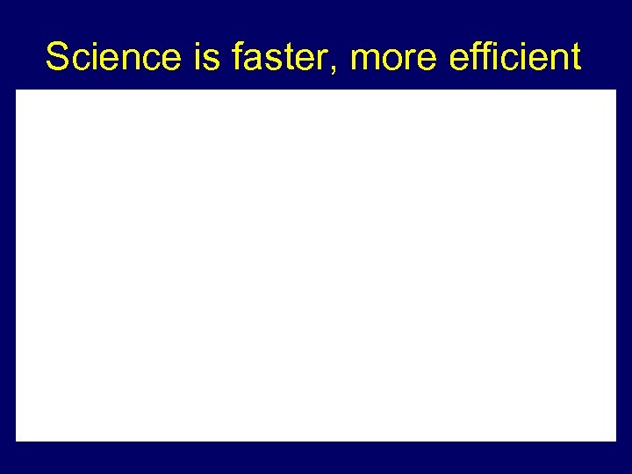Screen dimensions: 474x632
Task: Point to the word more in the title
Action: pos(392,58)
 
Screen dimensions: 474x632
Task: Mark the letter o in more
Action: pos(392,61)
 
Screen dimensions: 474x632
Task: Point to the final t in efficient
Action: pos(574,58)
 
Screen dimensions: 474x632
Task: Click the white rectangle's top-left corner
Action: pos(17,90)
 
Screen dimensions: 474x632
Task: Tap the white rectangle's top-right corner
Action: pos(615,90)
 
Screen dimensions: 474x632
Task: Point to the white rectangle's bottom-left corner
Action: pos(17,440)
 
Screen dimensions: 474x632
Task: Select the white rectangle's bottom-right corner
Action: pos(615,440)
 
